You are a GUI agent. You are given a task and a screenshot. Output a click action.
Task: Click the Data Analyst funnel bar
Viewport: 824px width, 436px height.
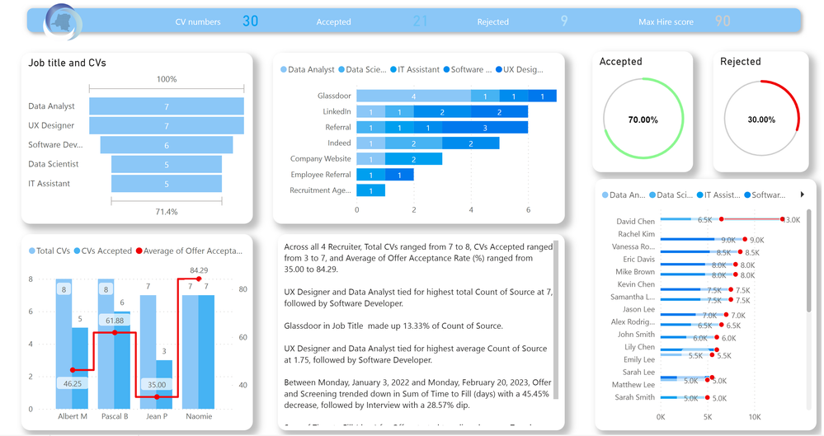[167, 106]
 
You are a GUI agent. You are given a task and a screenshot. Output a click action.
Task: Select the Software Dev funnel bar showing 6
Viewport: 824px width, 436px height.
[167, 145]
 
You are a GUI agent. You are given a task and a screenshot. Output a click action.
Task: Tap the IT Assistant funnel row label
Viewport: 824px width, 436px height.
[49, 184]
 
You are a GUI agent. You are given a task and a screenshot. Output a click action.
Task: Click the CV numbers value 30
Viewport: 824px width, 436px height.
[250, 21]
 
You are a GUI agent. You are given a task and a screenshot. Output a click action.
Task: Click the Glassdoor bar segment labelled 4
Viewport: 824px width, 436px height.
[413, 96]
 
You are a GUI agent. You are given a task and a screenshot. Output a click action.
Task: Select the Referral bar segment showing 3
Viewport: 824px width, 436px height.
[484, 128]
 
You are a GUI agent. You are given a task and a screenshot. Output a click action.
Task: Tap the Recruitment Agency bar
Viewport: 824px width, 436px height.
[370, 191]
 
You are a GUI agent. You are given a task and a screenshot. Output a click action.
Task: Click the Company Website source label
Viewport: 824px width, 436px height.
[320, 159]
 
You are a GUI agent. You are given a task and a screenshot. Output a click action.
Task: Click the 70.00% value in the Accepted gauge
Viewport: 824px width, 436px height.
[643, 120]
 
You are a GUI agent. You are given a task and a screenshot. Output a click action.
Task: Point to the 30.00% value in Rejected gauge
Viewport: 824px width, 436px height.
[761, 120]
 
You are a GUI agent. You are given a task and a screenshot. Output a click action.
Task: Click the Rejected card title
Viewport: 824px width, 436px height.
[740, 62]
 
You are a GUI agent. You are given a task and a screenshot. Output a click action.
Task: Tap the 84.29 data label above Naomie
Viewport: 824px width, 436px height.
[198, 270]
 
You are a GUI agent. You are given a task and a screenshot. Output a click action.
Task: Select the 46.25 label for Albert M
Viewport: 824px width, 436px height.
[73, 384]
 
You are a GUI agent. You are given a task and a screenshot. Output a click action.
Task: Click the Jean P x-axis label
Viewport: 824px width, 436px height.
[157, 416]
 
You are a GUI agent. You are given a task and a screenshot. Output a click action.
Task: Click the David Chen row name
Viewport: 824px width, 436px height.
[635, 222]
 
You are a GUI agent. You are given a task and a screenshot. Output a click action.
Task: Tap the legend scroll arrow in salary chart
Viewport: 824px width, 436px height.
[802, 195]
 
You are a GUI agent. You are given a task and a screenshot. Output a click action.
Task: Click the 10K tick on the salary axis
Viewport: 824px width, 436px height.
[754, 417]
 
